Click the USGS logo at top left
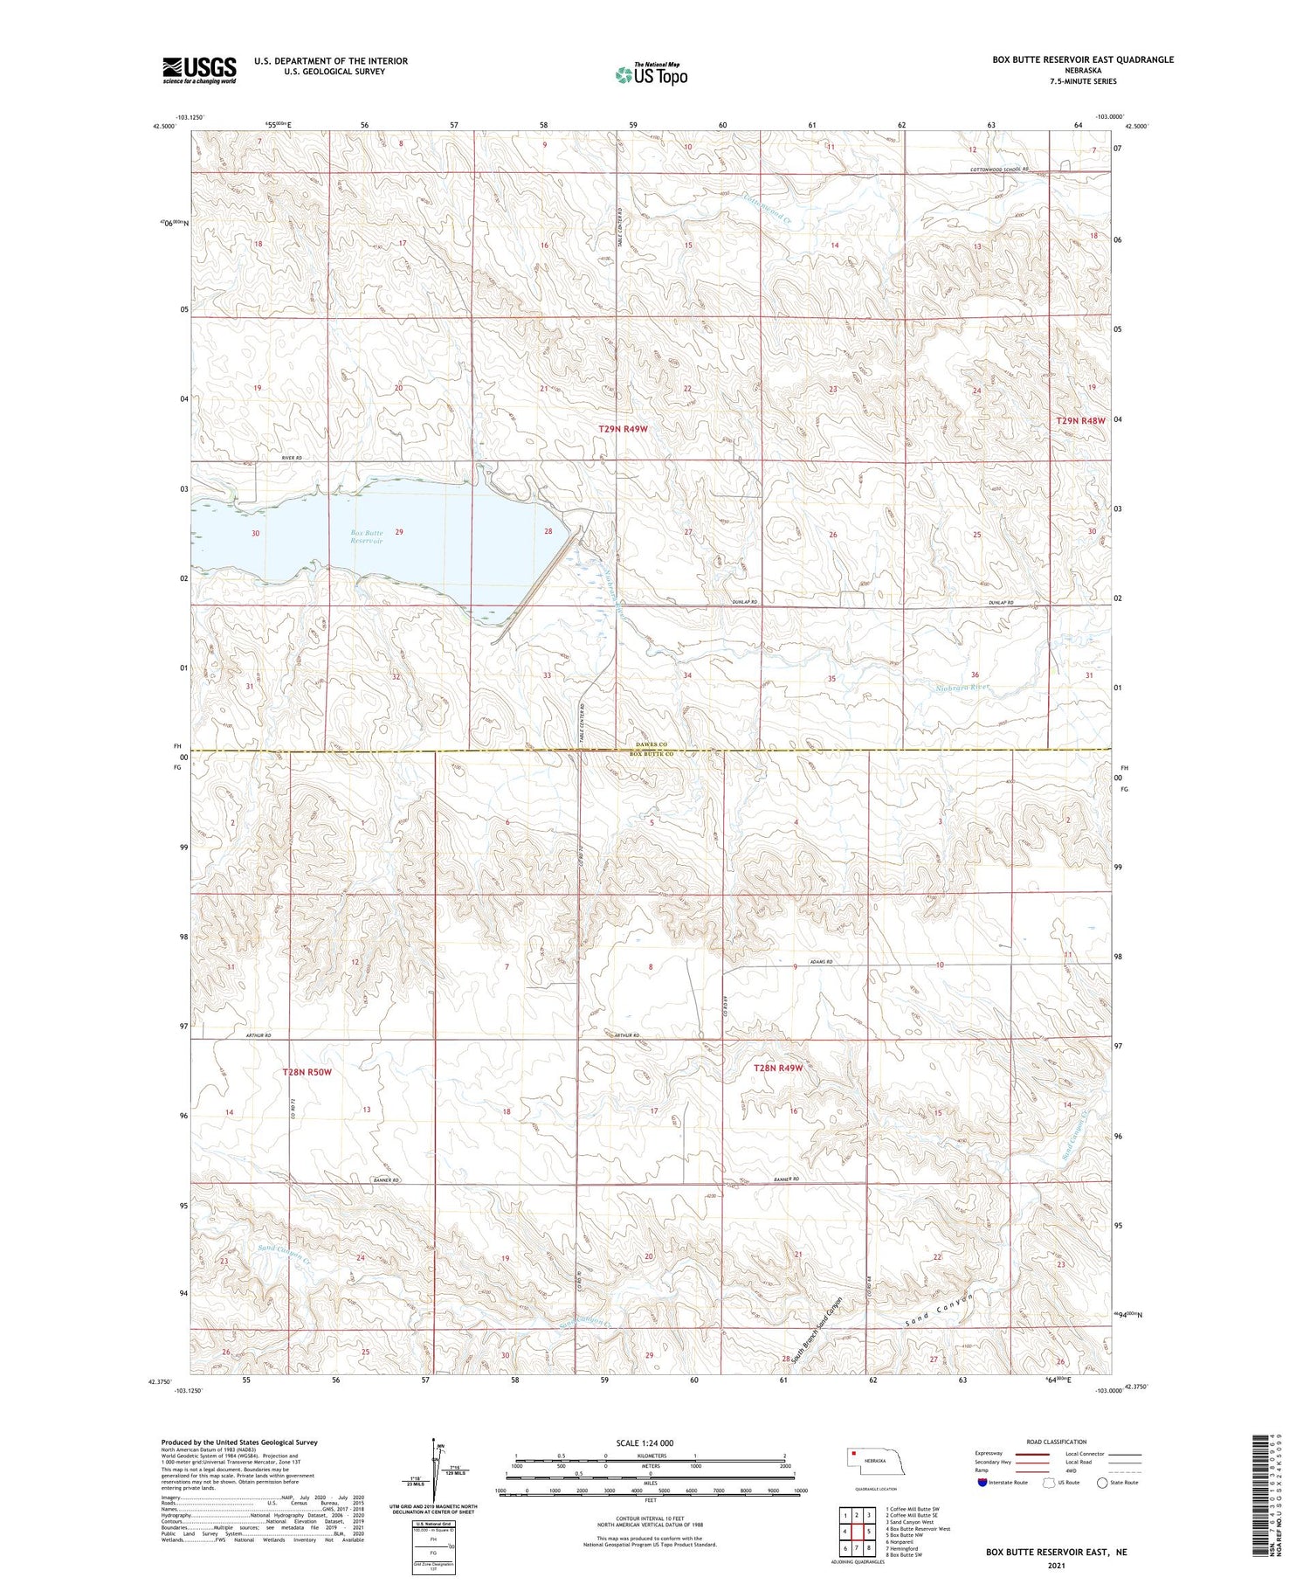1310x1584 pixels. (x=199, y=70)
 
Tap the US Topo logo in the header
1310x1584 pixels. (x=651, y=74)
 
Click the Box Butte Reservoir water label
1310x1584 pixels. (x=367, y=536)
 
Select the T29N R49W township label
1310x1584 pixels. (x=624, y=429)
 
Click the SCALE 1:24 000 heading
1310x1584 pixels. (x=645, y=1442)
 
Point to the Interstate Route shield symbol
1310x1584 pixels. (x=982, y=1482)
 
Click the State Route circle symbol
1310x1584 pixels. (x=1102, y=1482)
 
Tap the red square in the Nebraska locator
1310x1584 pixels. (x=853, y=1454)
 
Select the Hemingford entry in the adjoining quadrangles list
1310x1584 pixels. (x=906, y=1547)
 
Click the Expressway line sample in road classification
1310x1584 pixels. (x=1031, y=1454)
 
